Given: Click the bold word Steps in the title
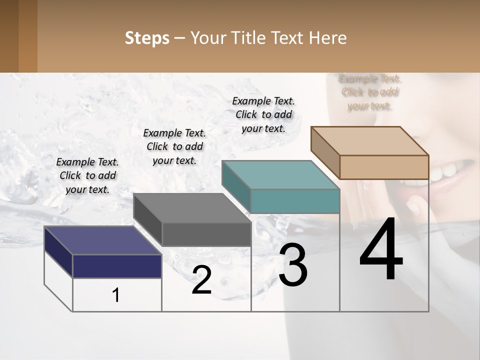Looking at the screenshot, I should click(x=147, y=38).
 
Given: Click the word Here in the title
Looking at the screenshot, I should click(x=327, y=38).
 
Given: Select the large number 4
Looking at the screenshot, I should click(x=381, y=250).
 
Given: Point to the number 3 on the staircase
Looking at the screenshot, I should click(x=293, y=265).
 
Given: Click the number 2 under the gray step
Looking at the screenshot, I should click(x=201, y=280).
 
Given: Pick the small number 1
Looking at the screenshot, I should click(x=116, y=295).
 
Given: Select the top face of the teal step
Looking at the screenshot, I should click(x=280, y=175).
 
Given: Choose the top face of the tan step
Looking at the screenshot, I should click(x=369, y=140).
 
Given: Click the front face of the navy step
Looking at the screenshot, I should click(x=117, y=266).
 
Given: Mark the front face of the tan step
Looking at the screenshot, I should click(x=384, y=167).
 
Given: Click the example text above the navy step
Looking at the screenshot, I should click(x=87, y=175).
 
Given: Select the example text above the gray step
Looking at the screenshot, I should click(x=174, y=146).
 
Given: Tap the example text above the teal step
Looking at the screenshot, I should click(x=263, y=114).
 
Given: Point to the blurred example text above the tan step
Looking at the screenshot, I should click(x=369, y=92).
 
